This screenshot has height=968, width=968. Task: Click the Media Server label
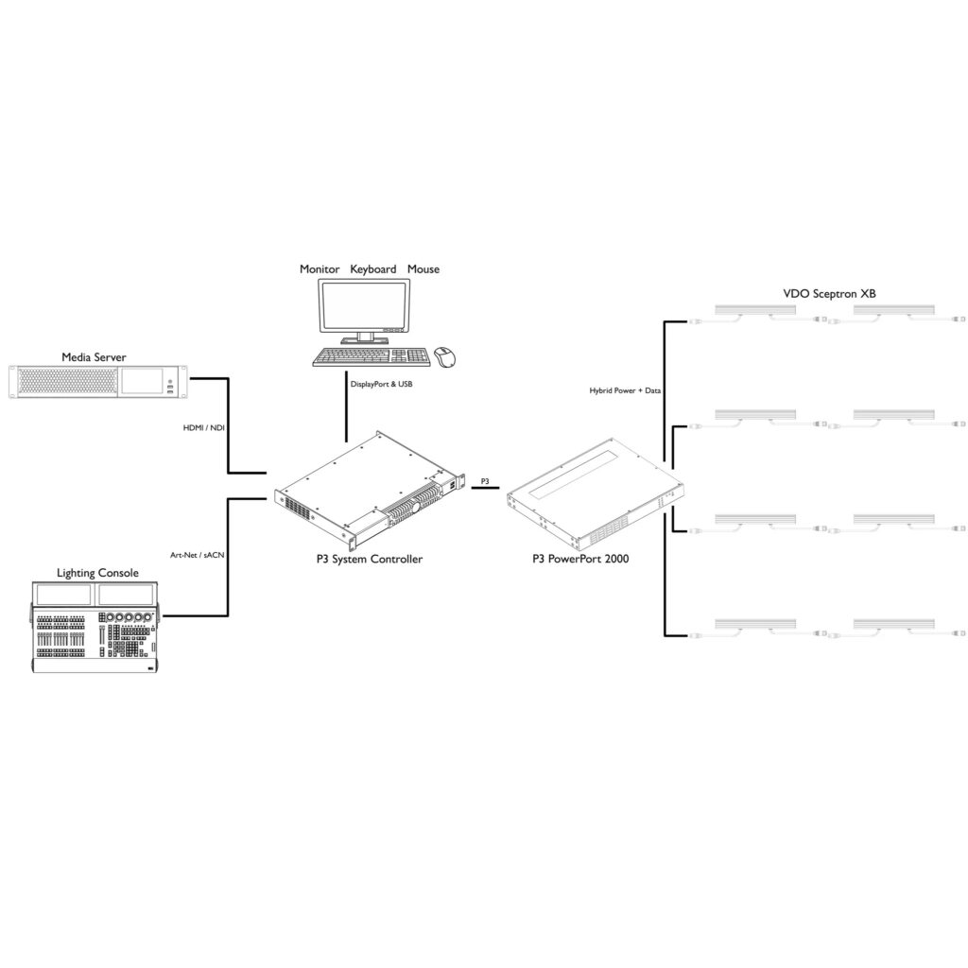(x=94, y=356)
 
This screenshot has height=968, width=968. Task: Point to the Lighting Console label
(x=97, y=573)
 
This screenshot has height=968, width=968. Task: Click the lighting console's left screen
(x=63, y=595)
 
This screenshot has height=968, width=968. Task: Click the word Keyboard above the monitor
(x=373, y=269)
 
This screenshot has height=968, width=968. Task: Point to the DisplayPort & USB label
(x=381, y=385)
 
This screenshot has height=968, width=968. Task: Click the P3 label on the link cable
(x=485, y=481)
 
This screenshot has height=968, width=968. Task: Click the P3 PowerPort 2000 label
(x=581, y=559)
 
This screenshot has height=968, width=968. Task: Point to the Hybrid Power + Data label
(x=625, y=390)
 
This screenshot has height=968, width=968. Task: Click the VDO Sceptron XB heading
(x=829, y=294)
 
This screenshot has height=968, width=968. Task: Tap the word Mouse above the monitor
(x=423, y=269)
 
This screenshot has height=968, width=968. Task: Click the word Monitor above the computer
(x=320, y=269)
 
